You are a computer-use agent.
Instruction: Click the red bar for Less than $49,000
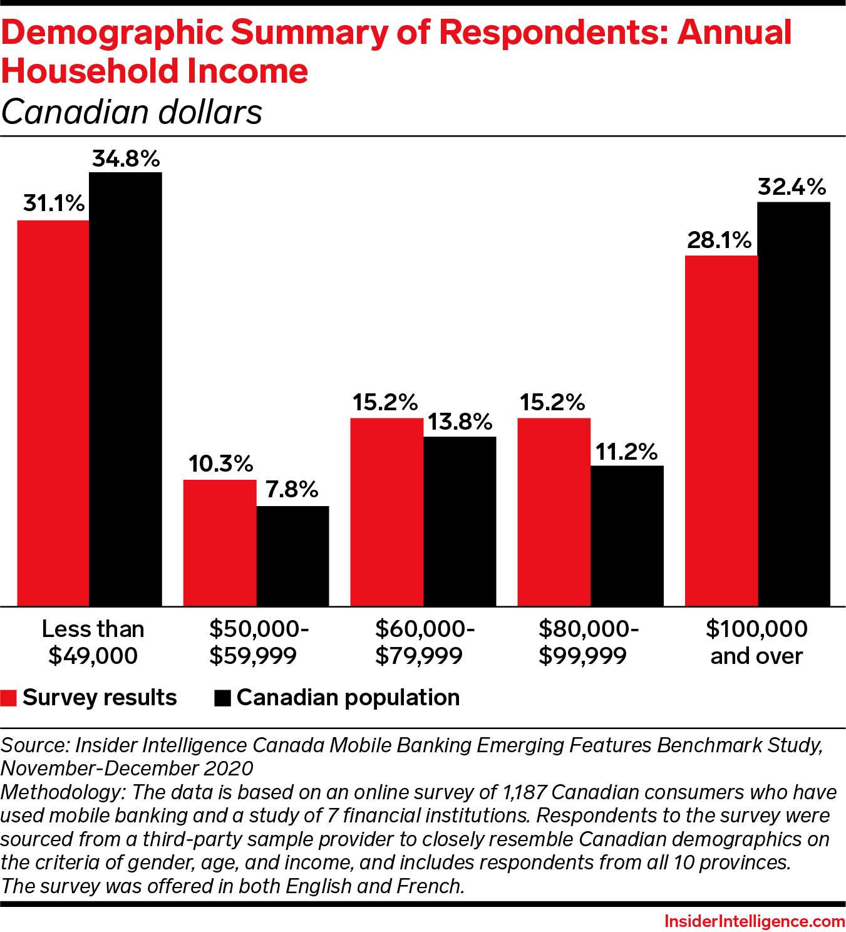(53, 413)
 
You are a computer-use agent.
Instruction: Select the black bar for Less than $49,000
(125, 389)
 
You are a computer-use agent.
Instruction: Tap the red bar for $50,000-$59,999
(220, 543)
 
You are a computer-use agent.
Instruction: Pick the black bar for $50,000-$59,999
(292, 556)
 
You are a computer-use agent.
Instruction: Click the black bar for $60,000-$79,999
(460, 521)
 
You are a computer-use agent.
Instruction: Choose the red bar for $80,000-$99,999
(554, 512)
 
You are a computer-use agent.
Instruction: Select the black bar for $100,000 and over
(793, 404)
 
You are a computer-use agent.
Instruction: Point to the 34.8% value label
(126, 159)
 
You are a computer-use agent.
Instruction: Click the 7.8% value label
(292, 489)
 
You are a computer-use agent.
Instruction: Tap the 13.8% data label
(460, 422)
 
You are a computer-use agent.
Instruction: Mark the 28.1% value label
(719, 240)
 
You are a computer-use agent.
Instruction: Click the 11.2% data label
(626, 452)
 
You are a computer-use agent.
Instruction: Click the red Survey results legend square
(9, 698)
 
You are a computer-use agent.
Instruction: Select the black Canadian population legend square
(222, 698)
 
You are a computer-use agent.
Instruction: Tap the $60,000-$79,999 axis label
(425, 642)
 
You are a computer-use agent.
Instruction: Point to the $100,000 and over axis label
(756, 642)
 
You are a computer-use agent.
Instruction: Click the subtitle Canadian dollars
(132, 113)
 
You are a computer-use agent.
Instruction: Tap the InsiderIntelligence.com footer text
(755, 921)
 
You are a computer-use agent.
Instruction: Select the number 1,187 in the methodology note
(524, 792)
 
